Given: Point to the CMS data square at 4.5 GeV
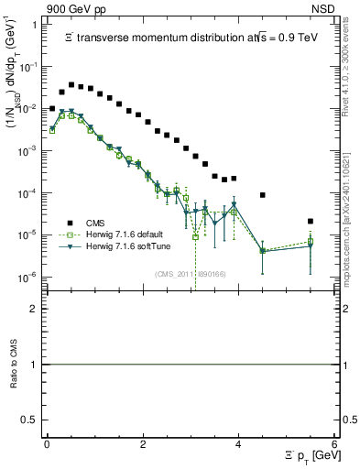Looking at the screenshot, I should [263, 195].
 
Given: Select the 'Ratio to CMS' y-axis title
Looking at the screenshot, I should [16, 365].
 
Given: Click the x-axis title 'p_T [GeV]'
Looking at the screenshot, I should [311, 456].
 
